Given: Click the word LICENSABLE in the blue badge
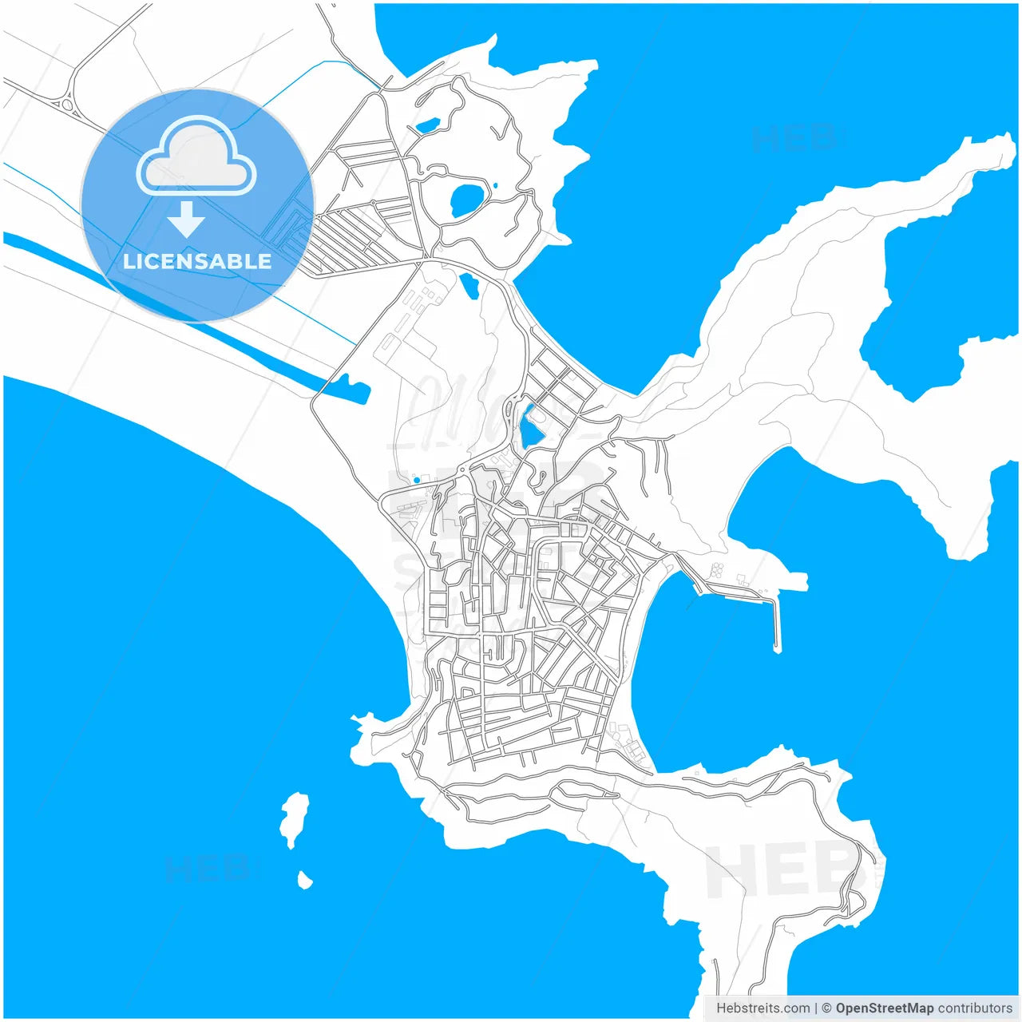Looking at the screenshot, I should pos(197,261).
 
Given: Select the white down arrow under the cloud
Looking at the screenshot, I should pos(186,220).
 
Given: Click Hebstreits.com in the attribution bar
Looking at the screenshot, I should pos(763,1008).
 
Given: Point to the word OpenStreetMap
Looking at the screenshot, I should pos(884,1008).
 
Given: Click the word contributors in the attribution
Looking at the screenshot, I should pos(974,1008).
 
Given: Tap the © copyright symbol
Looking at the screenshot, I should pos(827,1008).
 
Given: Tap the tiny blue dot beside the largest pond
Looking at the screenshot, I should pos(496,186).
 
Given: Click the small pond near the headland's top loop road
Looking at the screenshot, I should pos(427,126).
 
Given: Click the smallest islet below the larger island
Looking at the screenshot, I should pos(304,881).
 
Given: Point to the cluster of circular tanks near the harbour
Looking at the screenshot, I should pos(716,570).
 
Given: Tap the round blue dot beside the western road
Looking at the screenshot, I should pos(417,481).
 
